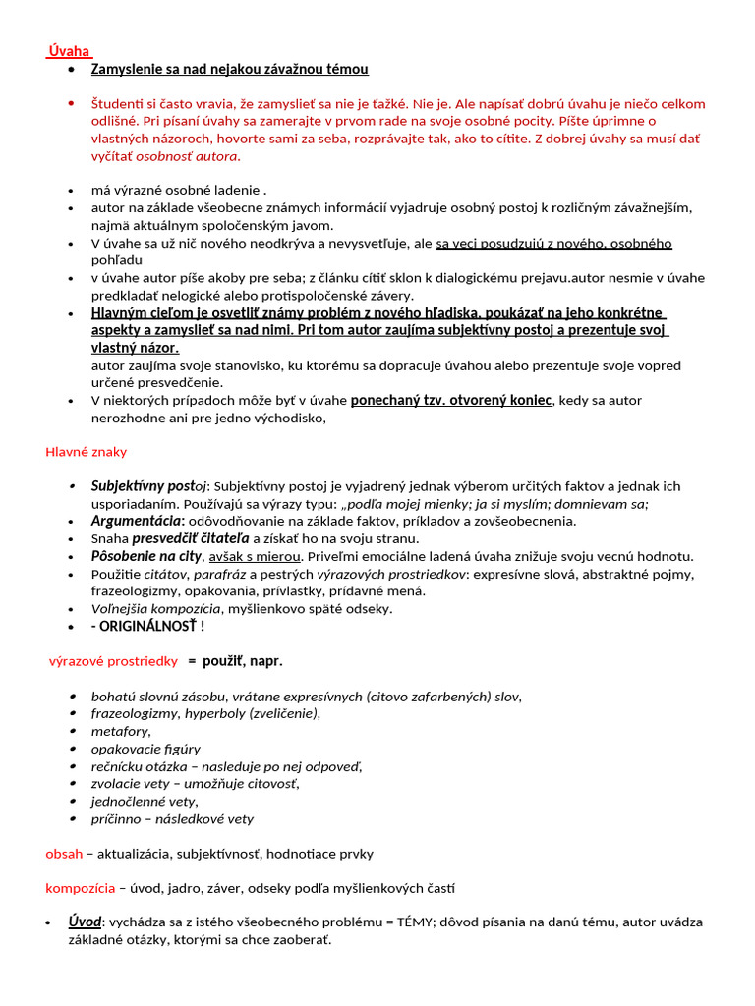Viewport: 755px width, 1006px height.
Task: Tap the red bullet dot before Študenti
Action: [72, 103]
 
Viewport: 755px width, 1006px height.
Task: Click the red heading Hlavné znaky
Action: [87, 452]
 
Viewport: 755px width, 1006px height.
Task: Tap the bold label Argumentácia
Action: [137, 521]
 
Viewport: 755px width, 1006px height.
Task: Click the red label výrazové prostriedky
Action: [113, 661]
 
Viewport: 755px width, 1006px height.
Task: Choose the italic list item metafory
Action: [121, 731]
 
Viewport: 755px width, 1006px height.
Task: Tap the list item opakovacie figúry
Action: [145, 749]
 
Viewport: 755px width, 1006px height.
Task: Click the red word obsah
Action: [65, 854]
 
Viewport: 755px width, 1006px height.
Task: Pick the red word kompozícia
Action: [81, 889]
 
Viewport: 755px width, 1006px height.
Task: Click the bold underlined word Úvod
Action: [85, 922]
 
